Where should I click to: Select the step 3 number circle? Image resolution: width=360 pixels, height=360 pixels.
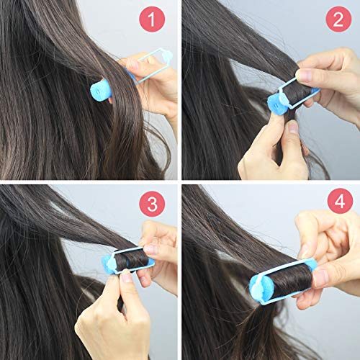pos(151,203)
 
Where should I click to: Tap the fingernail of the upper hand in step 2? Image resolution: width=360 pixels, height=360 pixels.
pos(305,76)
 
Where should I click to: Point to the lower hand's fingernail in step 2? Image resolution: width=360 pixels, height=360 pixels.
pos(292,127)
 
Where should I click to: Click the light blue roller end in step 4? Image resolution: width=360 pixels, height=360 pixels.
pos(258,286)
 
